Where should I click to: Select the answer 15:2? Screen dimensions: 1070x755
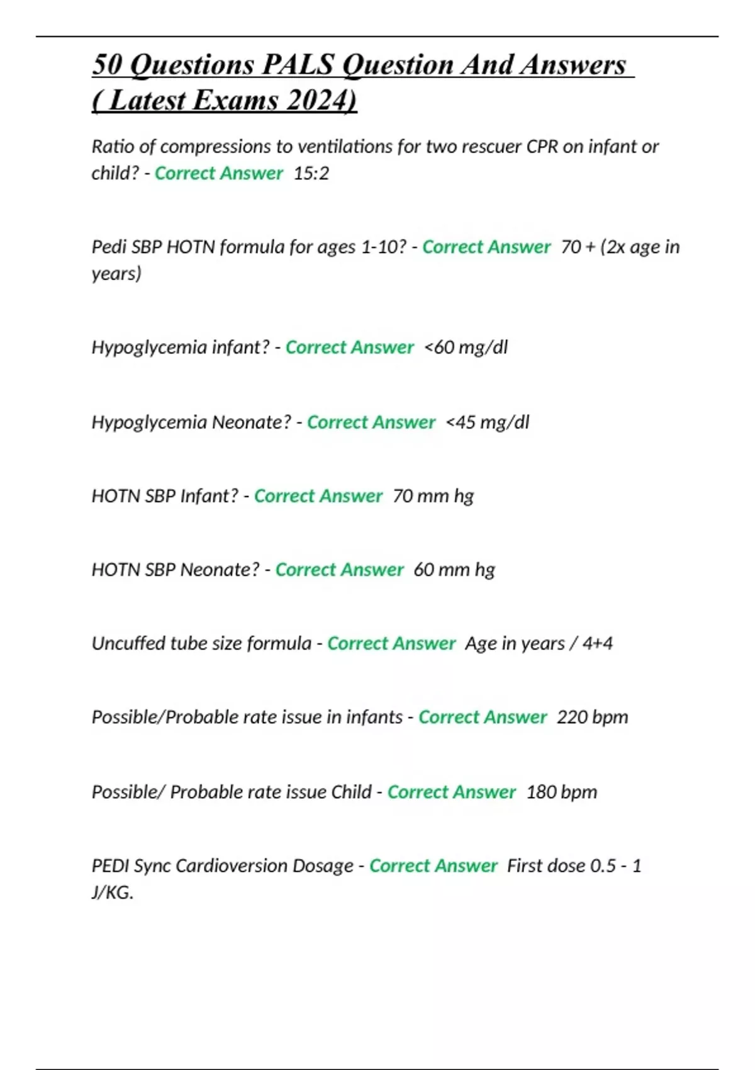pos(311,173)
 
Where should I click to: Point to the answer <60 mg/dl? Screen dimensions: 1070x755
pos(466,347)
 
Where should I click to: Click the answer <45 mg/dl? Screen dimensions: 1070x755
pos(488,422)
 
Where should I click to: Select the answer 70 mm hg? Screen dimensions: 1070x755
pos(433,496)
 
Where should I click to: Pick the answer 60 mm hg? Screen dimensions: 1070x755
pos(454,570)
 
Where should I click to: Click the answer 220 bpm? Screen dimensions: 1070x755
pos(593,717)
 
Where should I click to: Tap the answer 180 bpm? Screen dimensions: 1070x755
pos(562,792)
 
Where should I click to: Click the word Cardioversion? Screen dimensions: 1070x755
pos(264,866)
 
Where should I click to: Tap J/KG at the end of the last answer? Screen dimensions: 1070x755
pos(111,893)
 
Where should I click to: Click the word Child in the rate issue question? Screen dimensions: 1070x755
pos(351,792)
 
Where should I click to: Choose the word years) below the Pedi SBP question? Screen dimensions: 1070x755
pos(116,274)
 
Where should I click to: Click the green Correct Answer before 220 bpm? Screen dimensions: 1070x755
pos(483,717)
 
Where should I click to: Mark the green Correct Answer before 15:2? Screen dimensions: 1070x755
pos(219,173)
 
